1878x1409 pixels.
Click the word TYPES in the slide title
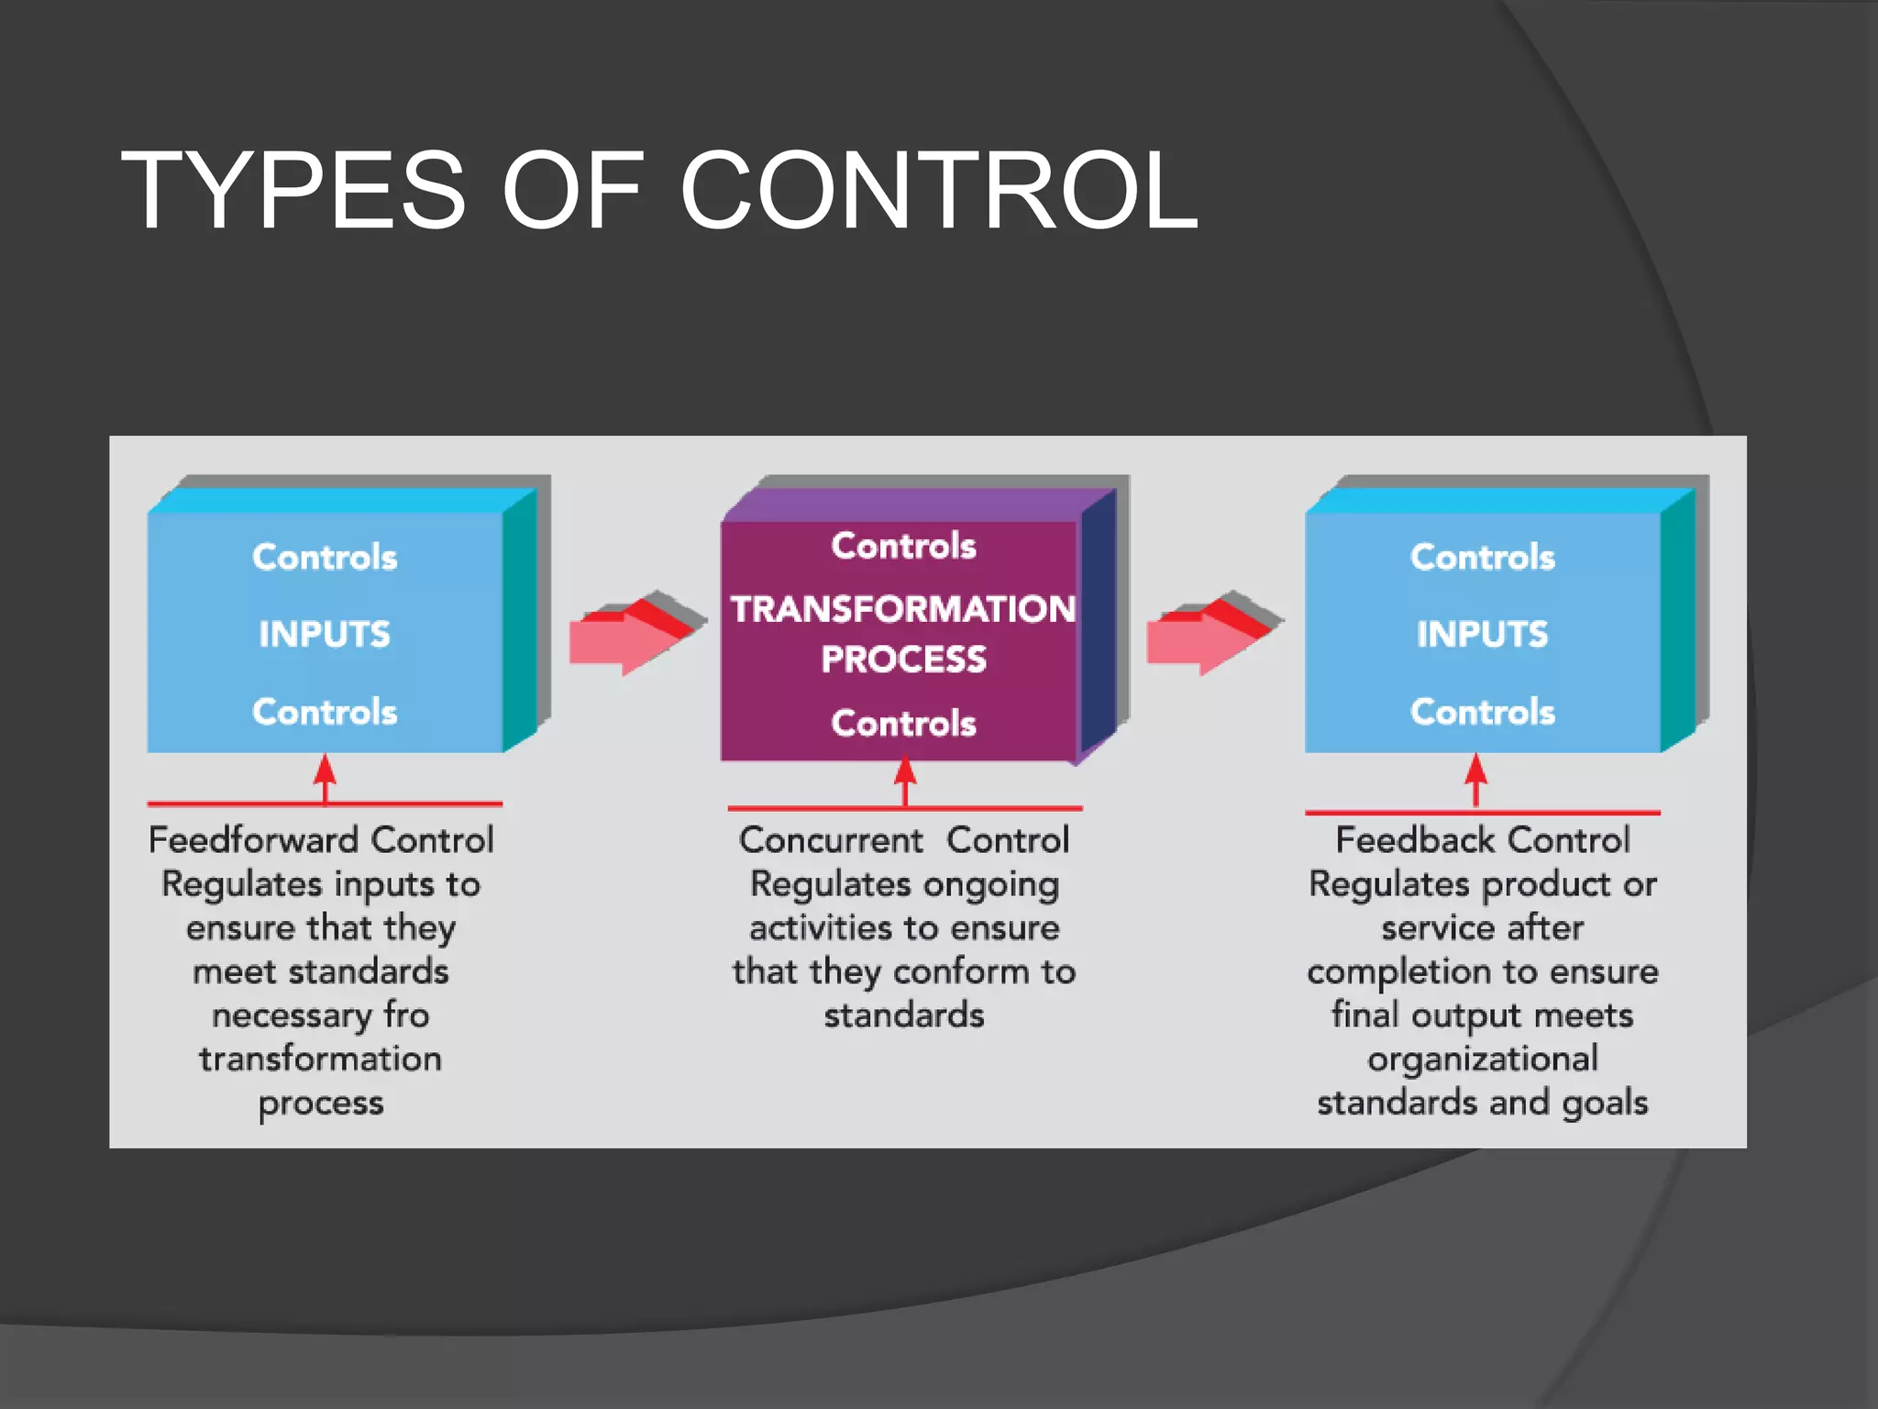[293, 191]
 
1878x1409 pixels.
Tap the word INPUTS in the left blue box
[325, 634]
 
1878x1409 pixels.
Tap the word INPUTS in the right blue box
[1482, 634]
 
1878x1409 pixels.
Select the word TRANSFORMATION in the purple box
[903, 609]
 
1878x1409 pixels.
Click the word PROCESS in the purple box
[903, 660]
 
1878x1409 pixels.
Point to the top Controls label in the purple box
[903, 546]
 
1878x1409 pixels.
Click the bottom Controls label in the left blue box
[325, 712]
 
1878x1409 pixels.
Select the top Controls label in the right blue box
[1482, 557]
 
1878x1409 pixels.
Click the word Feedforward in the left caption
[253, 840]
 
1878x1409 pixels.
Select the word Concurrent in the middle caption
[831, 840]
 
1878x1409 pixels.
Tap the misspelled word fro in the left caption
[406, 1015]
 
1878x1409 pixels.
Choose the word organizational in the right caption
[1482, 1059]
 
